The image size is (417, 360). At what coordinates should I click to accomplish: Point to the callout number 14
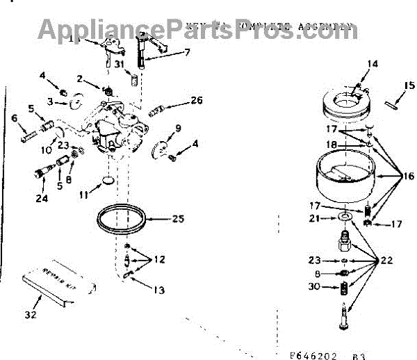tap(373, 64)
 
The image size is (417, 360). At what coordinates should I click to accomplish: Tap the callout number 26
tap(197, 100)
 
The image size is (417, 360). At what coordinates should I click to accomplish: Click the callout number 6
tap(13, 118)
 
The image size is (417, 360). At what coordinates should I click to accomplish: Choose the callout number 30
tap(314, 286)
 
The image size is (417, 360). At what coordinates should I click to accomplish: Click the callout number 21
tap(314, 219)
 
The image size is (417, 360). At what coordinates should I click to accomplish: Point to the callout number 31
tap(120, 65)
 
